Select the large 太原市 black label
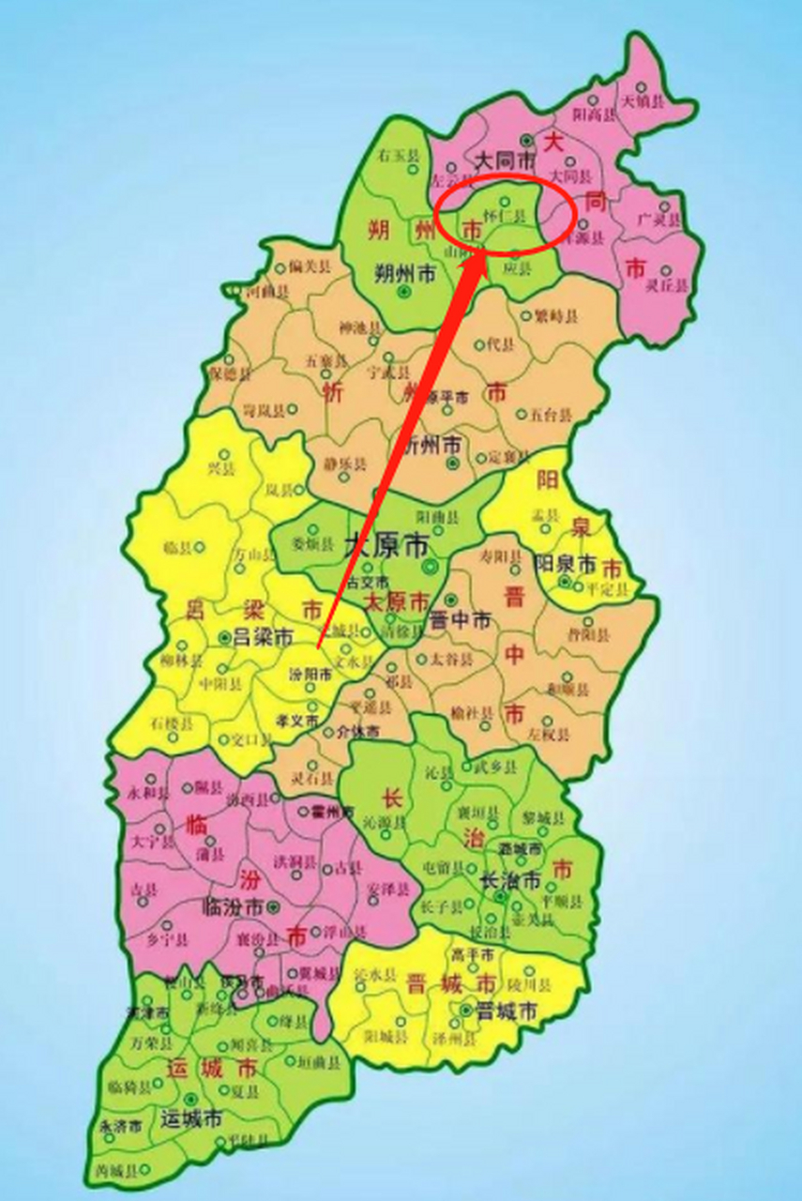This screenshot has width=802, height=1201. click(x=386, y=544)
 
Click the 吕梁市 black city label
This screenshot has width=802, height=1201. click(x=263, y=637)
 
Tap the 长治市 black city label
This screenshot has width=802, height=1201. click(x=509, y=881)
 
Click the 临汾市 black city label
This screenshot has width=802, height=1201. click(x=234, y=907)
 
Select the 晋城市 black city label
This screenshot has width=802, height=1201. click(x=506, y=1011)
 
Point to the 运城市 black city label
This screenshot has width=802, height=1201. click(x=190, y=1118)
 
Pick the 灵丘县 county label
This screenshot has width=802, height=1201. click(x=669, y=284)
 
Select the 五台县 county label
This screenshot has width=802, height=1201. click(x=550, y=413)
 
